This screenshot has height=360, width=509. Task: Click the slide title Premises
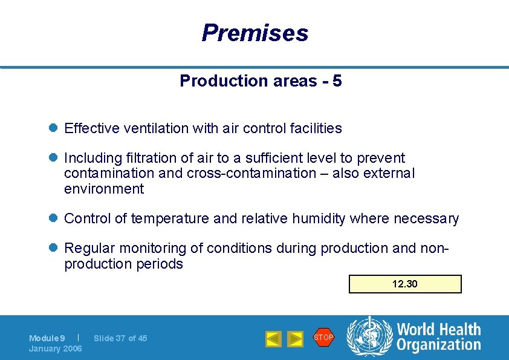pyautogui.click(x=254, y=33)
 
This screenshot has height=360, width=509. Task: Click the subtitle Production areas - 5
pyautogui.click(x=261, y=81)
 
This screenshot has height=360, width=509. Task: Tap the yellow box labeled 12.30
pyautogui.click(x=404, y=284)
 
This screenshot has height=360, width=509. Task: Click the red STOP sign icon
pyautogui.click(x=323, y=337)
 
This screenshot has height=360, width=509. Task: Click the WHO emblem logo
pyautogui.click(x=369, y=337)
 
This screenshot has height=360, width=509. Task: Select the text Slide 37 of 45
pyautogui.click(x=120, y=338)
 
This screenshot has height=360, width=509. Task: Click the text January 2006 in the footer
pyautogui.click(x=56, y=349)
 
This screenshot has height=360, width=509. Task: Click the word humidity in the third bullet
pyautogui.click(x=315, y=218)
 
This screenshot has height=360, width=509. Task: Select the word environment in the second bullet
pyautogui.click(x=104, y=189)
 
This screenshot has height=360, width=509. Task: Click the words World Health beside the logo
pyautogui.click(x=438, y=330)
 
